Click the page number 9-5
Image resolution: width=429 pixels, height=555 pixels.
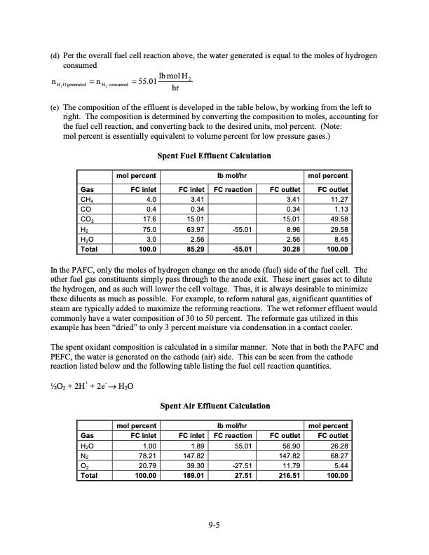pos(214,529)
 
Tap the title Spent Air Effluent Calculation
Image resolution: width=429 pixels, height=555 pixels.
pos(214,406)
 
